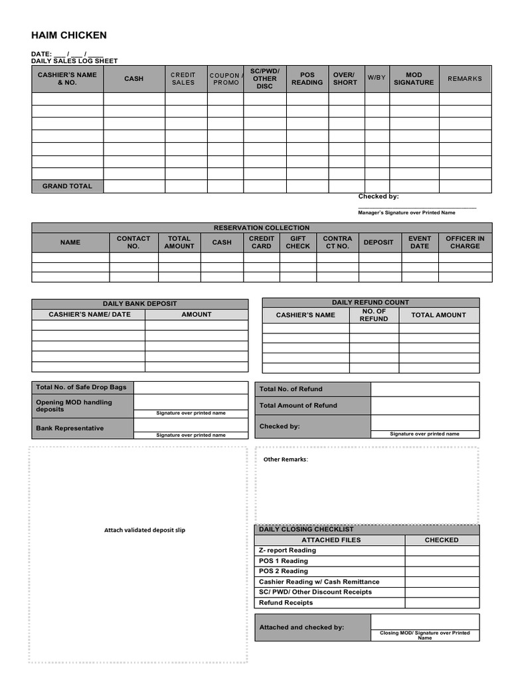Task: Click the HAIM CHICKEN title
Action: point(69,35)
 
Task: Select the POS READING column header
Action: point(307,78)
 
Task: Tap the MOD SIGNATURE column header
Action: point(414,78)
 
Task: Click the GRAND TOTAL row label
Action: point(67,186)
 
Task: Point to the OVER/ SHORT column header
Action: point(345,78)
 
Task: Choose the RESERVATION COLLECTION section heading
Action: point(262,228)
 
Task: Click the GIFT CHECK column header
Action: point(297,242)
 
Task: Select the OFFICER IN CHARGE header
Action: point(465,242)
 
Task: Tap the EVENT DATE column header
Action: point(420,242)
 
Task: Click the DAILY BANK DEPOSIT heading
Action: point(139,303)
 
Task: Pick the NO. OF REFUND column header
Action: point(374,315)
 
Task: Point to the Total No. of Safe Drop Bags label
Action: point(81,387)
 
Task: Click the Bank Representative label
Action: point(70,428)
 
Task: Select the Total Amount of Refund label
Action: point(298,405)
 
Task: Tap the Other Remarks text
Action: point(286,460)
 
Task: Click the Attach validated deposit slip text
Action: point(145,530)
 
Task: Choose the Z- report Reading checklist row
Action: point(288,551)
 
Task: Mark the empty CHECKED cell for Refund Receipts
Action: point(442,603)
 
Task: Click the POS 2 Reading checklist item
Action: point(284,571)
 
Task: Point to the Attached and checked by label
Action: point(301,627)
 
